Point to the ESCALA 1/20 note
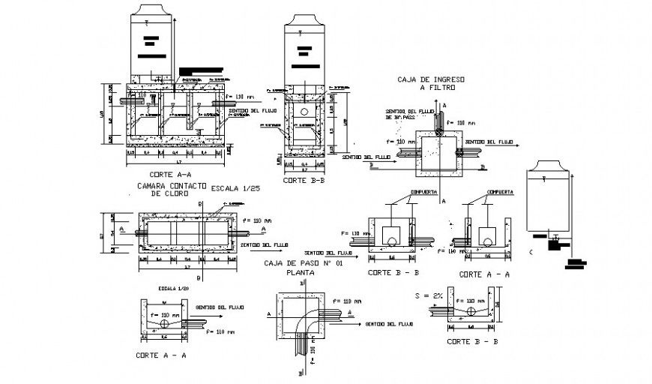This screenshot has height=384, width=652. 172,288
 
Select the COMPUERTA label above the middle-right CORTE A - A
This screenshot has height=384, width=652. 500,193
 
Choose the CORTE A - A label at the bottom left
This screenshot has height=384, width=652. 162,353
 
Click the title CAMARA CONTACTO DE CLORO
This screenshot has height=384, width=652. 169,189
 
